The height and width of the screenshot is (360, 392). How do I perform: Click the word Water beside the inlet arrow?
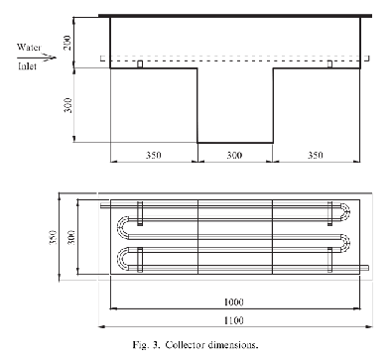29,48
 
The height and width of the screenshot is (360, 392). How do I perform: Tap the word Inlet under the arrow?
27,66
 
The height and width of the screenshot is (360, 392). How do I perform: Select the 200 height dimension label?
67,43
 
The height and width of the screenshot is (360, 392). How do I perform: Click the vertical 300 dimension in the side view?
67,105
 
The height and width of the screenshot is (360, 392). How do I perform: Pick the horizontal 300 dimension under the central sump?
234,155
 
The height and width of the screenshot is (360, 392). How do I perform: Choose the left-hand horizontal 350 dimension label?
154,155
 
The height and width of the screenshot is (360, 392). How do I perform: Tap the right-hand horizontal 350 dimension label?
316,155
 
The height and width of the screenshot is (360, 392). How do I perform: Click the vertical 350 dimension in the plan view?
53,237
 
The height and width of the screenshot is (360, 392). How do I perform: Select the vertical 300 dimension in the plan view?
71,237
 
